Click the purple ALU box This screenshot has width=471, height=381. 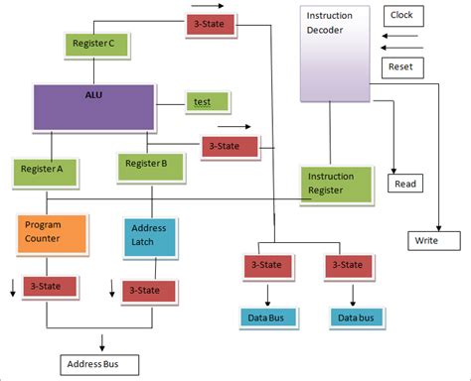point(94,106)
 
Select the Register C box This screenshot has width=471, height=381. point(94,45)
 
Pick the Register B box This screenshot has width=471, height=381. point(147,166)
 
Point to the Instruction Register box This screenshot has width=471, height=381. point(336,182)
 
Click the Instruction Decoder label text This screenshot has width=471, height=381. point(329,22)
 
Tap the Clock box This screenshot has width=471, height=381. point(401,16)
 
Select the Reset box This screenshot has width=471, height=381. point(401,67)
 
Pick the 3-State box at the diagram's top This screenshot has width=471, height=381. point(210,24)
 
